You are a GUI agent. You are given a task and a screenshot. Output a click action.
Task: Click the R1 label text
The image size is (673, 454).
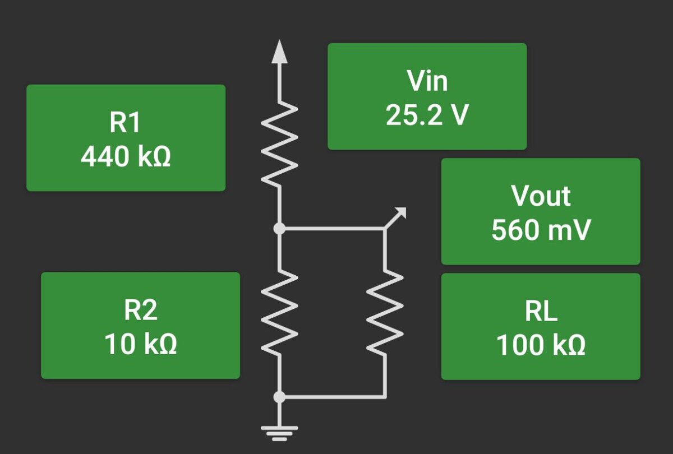(125, 123)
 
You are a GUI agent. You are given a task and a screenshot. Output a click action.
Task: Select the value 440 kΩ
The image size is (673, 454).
(126, 157)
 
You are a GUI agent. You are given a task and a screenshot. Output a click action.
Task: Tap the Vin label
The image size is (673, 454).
(427, 81)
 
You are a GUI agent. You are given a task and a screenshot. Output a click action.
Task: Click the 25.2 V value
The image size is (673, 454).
(427, 115)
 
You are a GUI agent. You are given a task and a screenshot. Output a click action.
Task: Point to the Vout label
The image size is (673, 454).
(541, 196)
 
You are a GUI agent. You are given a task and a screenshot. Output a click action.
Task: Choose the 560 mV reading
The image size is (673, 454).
(541, 230)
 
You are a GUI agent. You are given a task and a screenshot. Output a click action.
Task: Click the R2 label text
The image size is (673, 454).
(140, 310)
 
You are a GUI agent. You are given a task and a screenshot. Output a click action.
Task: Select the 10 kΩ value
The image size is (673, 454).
(140, 344)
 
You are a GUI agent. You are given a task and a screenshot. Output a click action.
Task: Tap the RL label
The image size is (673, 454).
(541, 311)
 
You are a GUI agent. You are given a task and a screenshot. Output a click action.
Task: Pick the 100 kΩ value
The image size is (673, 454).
(541, 345)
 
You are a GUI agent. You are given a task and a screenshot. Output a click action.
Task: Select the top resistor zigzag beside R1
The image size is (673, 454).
(279, 143)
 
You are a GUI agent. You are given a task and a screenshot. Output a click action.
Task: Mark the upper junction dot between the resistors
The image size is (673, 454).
(279, 228)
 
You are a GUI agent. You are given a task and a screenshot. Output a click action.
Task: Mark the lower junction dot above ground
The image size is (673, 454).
(279, 397)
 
